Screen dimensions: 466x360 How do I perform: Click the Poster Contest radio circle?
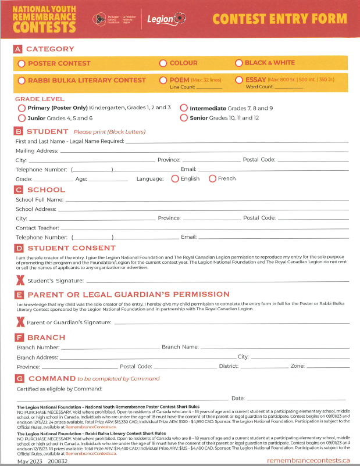[x=22, y=63]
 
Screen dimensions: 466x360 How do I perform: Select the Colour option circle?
[x=163, y=63]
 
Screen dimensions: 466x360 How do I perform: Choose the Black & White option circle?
[x=239, y=63]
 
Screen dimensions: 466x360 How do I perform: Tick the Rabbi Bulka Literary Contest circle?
[x=22, y=81]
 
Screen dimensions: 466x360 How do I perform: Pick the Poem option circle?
[x=163, y=80]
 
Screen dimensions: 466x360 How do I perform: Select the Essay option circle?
[x=239, y=80]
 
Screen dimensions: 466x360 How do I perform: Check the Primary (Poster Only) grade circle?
[x=22, y=108]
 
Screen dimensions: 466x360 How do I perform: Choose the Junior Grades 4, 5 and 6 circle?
[x=22, y=118]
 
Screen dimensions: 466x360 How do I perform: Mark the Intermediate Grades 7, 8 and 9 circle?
[x=184, y=108]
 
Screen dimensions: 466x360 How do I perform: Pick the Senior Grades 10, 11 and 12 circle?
[x=184, y=118]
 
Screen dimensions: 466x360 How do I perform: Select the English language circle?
[x=175, y=179]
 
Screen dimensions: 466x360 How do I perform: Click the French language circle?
[x=212, y=179]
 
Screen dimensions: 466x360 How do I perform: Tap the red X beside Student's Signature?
[x=20, y=281]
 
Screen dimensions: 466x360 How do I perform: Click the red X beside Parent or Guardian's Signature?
[x=20, y=322]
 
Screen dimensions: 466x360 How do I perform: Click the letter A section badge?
[x=19, y=49]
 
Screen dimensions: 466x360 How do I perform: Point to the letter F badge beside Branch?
[x=20, y=337]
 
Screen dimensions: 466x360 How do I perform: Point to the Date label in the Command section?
[x=237, y=399]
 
